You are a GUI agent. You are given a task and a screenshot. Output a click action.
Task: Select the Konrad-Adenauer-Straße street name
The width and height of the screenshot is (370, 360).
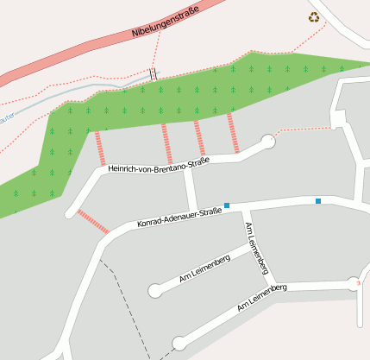tap(179, 218)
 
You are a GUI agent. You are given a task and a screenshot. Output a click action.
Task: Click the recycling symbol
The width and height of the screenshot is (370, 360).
tap(314, 16)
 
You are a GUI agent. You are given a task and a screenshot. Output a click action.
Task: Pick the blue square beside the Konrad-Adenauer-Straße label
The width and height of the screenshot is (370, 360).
tap(227, 205)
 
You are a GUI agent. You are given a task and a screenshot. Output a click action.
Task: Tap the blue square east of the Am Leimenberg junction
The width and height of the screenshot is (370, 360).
tap(318, 201)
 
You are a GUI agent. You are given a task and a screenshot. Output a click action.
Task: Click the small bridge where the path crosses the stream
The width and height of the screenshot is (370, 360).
tap(154, 74)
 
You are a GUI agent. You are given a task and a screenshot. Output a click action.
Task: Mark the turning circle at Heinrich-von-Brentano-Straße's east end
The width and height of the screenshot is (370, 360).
tap(267, 141)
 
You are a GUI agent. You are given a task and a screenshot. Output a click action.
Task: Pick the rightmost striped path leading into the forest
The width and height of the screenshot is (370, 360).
tap(233, 132)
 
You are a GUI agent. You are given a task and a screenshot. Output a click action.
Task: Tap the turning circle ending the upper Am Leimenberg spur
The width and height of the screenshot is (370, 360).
tap(155, 290)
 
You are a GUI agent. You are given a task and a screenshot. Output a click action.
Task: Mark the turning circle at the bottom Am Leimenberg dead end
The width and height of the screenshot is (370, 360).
tap(179, 344)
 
